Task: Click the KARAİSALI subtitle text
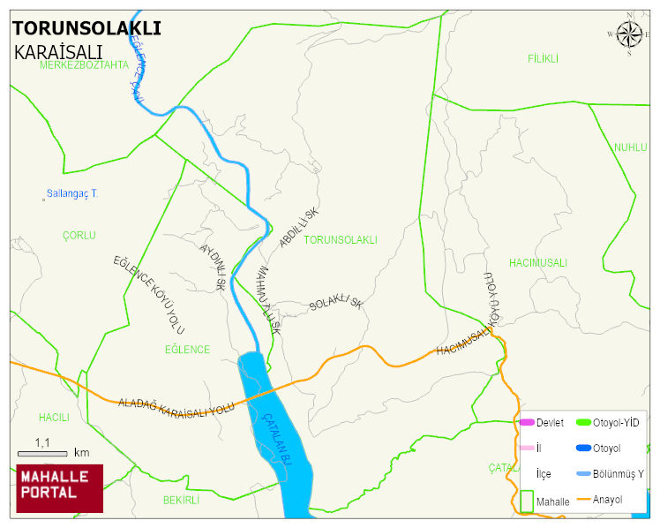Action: coord(58,52)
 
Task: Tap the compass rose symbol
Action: coord(629,34)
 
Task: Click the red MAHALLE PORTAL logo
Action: coord(59,488)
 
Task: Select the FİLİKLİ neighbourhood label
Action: coord(544,58)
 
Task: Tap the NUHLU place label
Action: coord(630,147)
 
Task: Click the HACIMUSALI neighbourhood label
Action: coord(537,263)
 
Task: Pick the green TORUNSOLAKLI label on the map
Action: coord(340,240)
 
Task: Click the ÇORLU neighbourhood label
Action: coord(79,236)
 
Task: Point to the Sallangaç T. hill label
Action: coord(72,193)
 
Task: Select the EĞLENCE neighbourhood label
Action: coord(187,350)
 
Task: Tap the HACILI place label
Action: coord(53,417)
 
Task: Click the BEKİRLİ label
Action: coord(181,500)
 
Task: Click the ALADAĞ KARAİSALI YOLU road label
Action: coord(176,404)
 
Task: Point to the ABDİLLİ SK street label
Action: coord(299,229)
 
